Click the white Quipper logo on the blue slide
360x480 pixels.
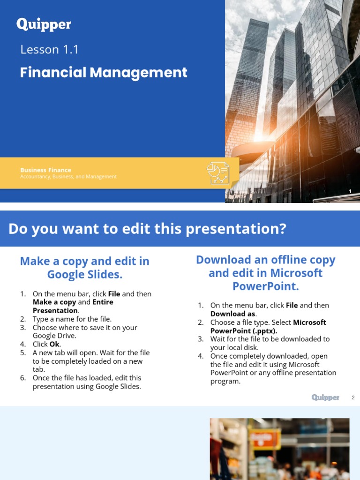click(44, 24)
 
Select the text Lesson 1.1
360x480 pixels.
click(49, 50)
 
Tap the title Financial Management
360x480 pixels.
click(104, 73)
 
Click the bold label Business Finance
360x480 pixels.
click(45, 170)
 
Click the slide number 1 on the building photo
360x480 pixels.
click(350, 191)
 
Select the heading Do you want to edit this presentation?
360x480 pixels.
click(147, 229)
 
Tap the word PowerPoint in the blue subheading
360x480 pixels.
click(265, 286)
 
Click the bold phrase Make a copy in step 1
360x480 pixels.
click(54, 302)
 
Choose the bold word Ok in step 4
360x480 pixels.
click(55, 344)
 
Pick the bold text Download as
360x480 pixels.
click(233, 314)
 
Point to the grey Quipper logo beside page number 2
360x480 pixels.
click(325, 397)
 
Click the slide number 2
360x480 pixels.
click(353, 398)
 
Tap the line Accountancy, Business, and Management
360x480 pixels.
click(68, 177)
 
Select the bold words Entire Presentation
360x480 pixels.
click(73, 306)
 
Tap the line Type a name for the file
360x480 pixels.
click(72, 319)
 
